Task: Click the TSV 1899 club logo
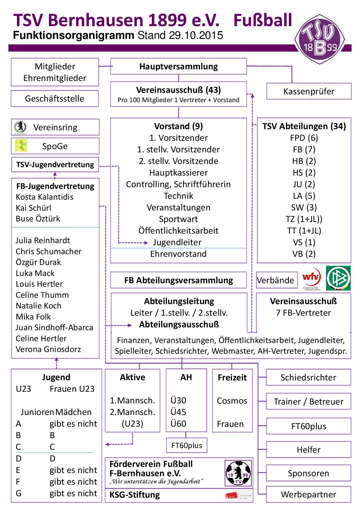pos(319,40)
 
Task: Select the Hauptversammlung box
pos(178,66)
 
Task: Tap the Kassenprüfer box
pos(309,91)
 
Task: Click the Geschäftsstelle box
pos(55,99)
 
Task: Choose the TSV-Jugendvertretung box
pos(55,165)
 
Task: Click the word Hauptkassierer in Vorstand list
pos(178,173)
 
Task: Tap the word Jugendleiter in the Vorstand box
pos(177,242)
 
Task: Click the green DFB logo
pos(338,278)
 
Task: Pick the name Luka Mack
pos(35,273)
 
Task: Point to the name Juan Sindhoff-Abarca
pos(54,328)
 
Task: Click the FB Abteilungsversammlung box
pos(178,280)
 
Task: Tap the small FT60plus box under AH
pos(186,445)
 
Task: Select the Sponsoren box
pos(308,473)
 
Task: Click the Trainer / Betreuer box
pos(308,402)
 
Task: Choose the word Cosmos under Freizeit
pos(232,401)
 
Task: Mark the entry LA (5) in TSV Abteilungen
pos(304,196)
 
